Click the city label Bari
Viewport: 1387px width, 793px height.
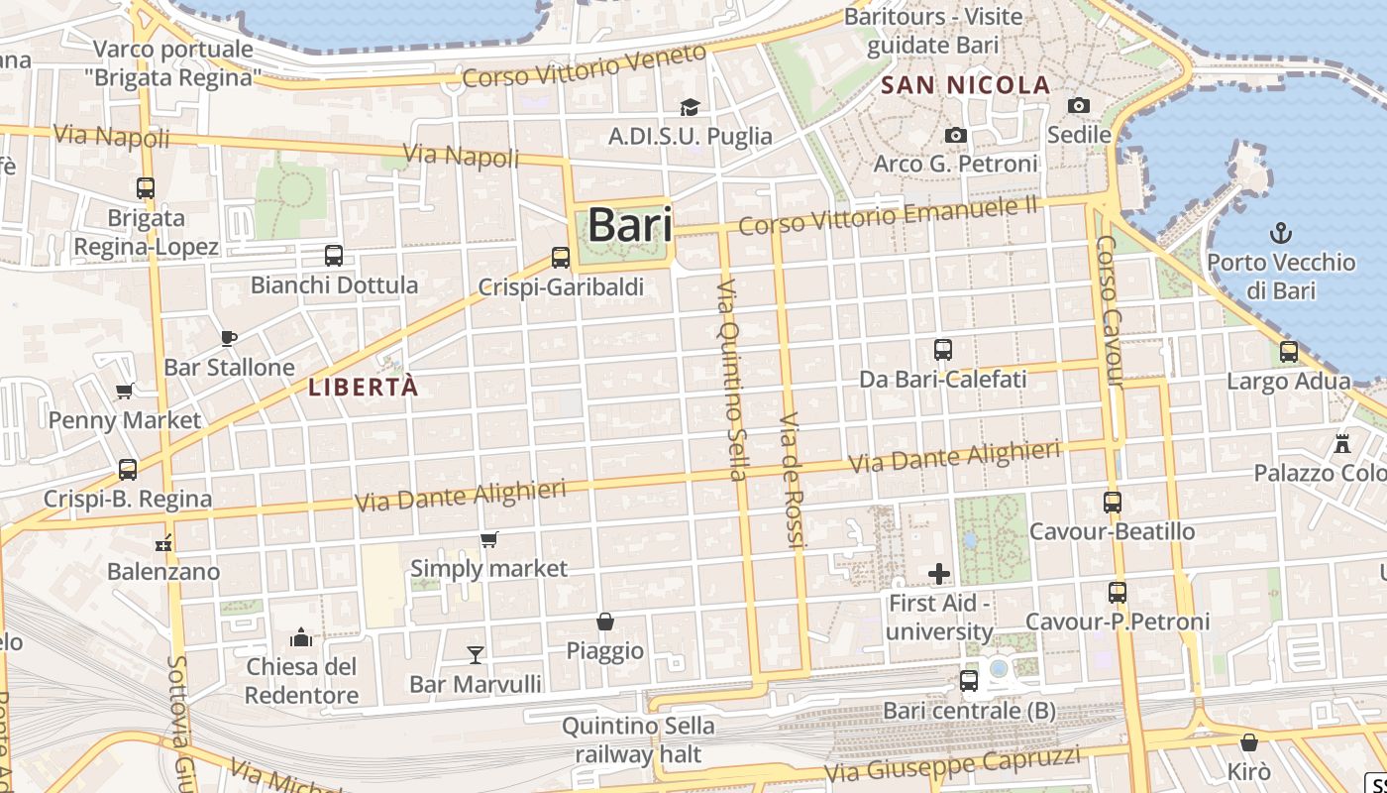(630, 225)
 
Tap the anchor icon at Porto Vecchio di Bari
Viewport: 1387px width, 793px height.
(1282, 234)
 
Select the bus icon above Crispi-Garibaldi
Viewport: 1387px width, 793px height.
(561, 258)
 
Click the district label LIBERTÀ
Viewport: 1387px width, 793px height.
(364, 388)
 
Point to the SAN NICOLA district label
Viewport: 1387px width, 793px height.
(965, 85)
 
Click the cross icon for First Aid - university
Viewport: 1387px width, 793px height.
(939, 573)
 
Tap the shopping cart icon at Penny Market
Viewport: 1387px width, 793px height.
(125, 391)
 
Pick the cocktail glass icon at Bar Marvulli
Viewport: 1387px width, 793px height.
(476, 654)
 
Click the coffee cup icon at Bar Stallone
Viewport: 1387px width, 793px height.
(229, 338)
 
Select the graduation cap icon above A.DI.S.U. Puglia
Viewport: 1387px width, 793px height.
(690, 107)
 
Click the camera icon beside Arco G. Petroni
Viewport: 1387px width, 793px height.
(956, 135)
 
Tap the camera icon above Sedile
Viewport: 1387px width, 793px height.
(1079, 105)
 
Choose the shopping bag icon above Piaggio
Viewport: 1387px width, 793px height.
(605, 622)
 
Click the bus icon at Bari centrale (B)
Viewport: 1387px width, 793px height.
(969, 681)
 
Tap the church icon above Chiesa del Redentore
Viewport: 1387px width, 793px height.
(301, 636)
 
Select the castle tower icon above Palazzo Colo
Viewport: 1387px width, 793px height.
(1343, 443)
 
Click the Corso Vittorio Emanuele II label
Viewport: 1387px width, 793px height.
(889, 217)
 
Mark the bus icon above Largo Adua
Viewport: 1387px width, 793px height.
(1289, 352)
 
